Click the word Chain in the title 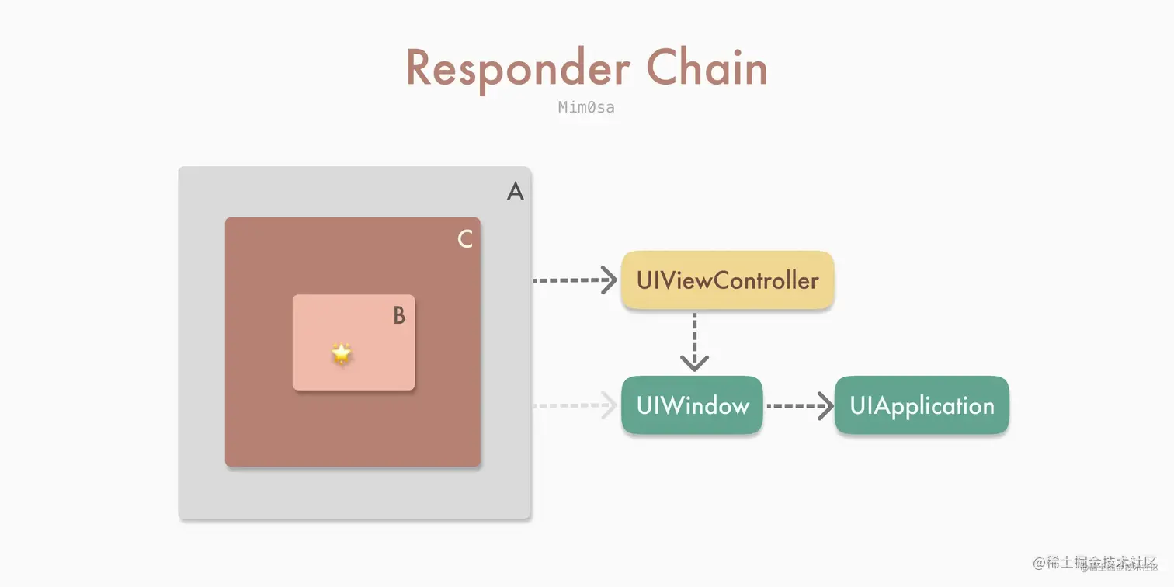click(x=707, y=68)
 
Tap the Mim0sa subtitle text click(x=586, y=107)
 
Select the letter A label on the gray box click(x=515, y=190)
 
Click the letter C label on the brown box click(x=465, y=239)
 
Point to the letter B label click(x=399, y=315)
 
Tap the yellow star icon click(x=342, y=353)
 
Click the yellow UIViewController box click(x=728, y=280)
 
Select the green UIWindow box click(x=692, y=405)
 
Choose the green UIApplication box click(x=922, y=405)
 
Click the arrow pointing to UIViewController click(x=575, y=280)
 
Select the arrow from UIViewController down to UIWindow click(x=694, y=342)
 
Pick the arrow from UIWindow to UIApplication click(x=799, y=405)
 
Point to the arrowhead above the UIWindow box click(x=694, y=362)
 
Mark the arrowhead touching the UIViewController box click(x=610, y=280)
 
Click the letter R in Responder click(x=419, y=68)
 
